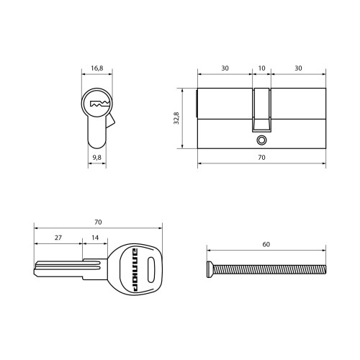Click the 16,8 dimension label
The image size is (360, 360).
point(97,68)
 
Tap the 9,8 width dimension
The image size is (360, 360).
point(97,158)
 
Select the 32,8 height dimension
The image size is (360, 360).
point(176,118)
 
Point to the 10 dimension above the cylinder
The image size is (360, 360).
point(261,68)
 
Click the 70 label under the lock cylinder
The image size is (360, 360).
point(261,158)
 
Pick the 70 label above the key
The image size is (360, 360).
point(98,222)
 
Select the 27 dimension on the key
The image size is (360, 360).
point(58,238)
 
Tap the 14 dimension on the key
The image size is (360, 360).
point(95,238)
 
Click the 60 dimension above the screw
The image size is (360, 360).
point(266,244)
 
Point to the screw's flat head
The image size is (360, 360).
point(210,270)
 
